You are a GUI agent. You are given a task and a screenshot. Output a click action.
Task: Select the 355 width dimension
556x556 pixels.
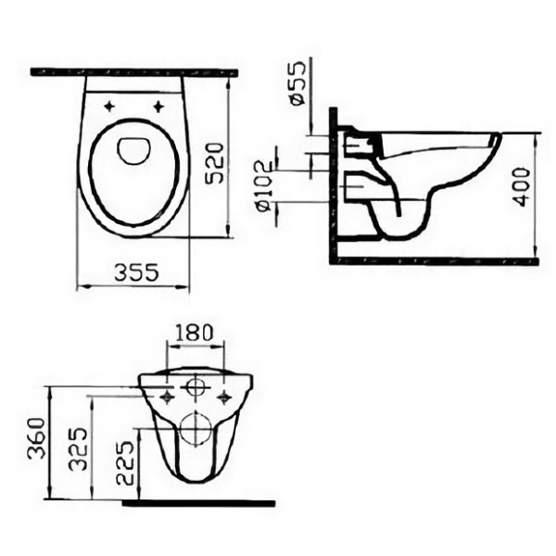click(x=135, y=272)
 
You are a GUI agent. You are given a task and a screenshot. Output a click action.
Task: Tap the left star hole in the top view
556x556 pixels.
click(x=109, y=106)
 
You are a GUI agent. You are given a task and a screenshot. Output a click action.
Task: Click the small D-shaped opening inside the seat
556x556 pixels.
click(x=133, y=149)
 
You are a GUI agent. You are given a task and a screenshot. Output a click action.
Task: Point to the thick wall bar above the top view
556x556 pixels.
click(x=133, y=71)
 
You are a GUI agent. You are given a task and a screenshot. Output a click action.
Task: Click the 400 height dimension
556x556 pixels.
click(x=522, y=186)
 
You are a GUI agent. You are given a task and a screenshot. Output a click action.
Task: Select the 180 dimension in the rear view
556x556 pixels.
click(x=195, y=331)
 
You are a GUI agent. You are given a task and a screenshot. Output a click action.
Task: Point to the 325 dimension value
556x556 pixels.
click(x=81, y=448)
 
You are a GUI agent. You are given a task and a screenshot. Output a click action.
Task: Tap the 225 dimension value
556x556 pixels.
click(x=125, y=462)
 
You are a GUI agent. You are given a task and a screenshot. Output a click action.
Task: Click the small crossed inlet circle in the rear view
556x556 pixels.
click(x=196, y=386)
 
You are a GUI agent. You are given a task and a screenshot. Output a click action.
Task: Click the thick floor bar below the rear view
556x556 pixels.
click(x=198, y=503)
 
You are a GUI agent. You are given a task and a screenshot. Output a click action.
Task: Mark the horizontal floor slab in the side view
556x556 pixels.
click(x=436, y=261)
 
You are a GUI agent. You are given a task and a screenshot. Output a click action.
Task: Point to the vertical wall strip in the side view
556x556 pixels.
click(x=333, y=185)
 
